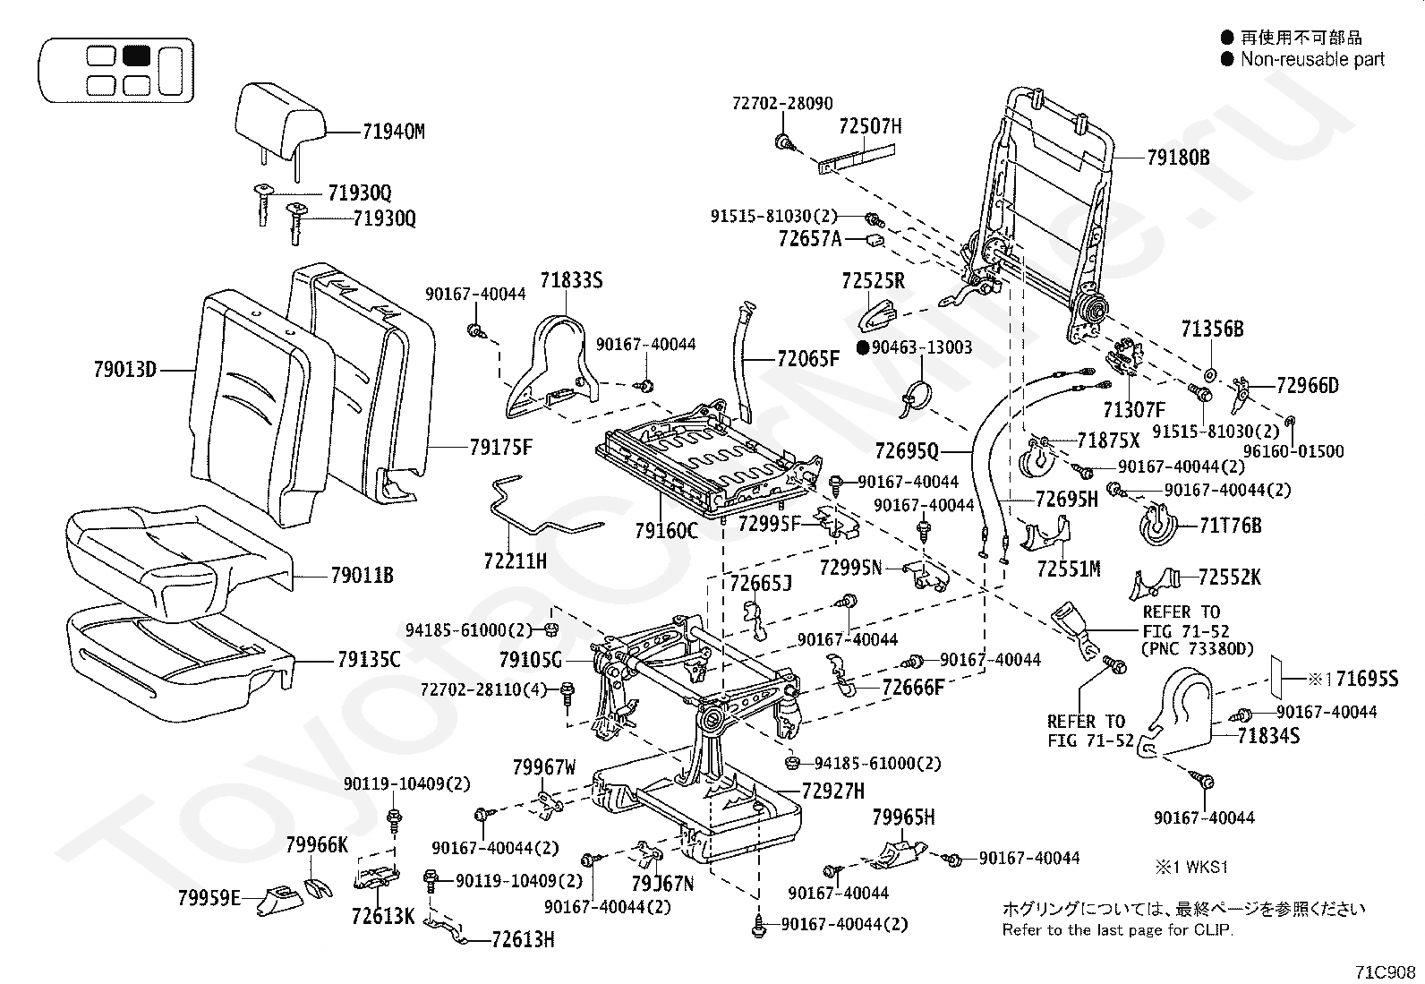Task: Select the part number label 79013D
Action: coord(124,369)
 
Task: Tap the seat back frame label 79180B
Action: coord(1178,158)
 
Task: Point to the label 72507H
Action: coord(870,126)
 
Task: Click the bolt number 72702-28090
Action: coord(781,104)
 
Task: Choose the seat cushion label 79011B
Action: coord(362,576)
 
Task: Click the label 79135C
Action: coord(369,661)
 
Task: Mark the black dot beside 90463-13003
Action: coord(863,347)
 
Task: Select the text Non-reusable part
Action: coord(1312,60)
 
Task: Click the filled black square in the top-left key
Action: coord(136,56)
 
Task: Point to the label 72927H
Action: coord(832,791)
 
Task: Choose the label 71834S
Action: coord(1268,736)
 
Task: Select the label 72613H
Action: coord(523,939)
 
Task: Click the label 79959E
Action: coord(209,897)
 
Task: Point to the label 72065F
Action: coord(808,360)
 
